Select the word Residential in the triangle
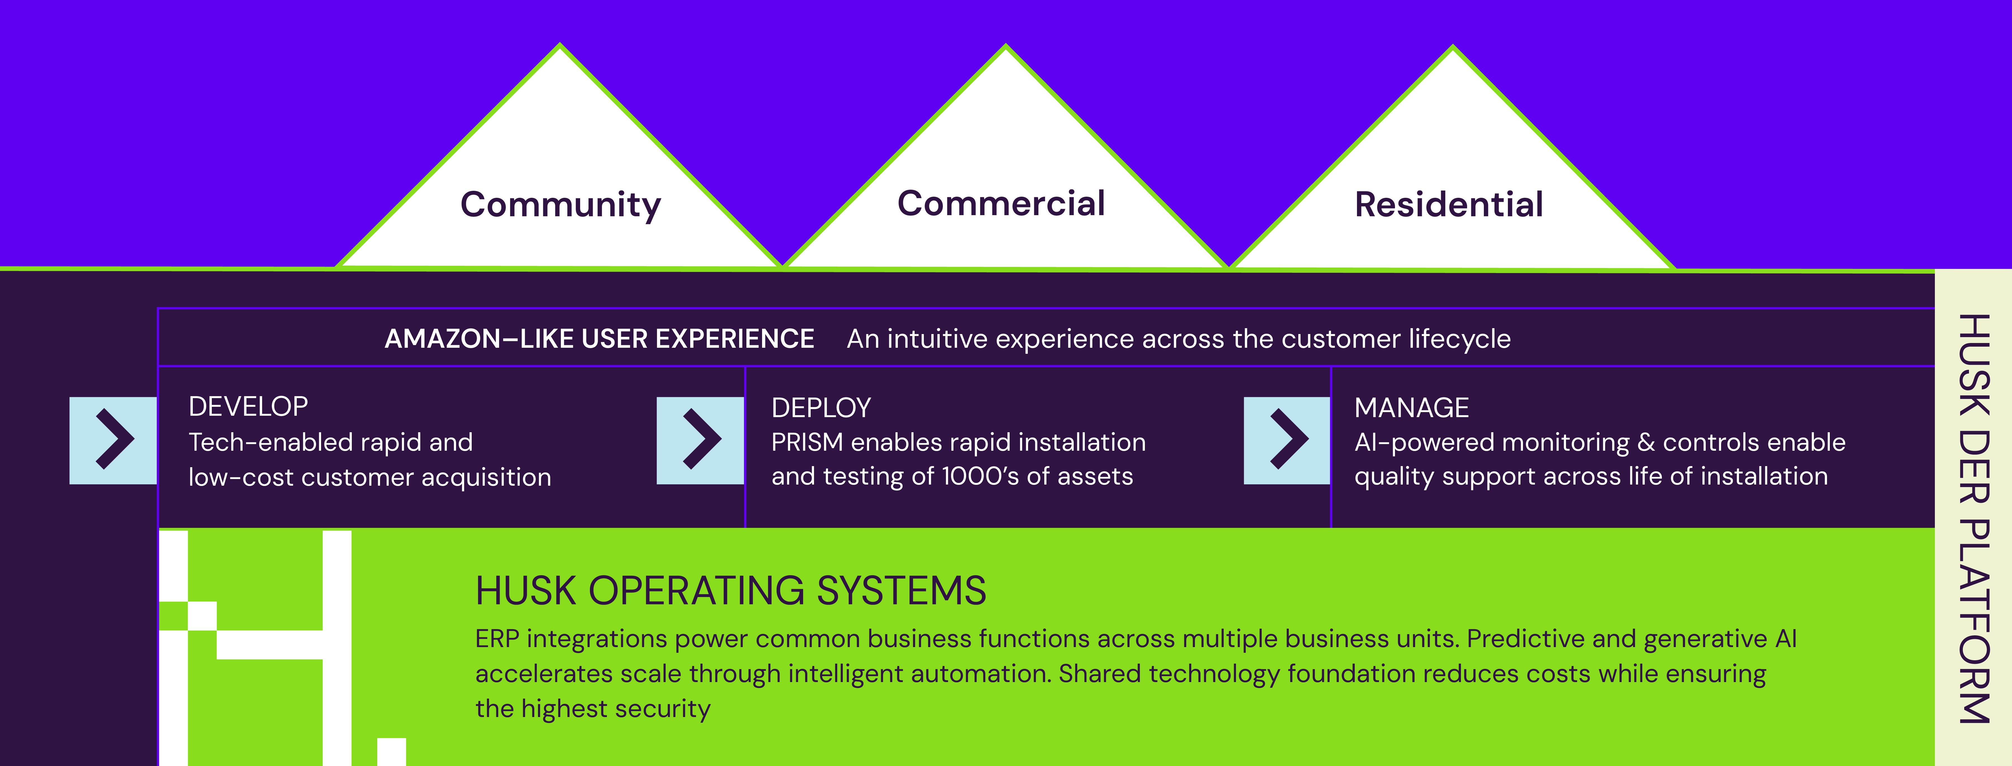tap(1449, 205)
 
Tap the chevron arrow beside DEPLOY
tap(701, 440)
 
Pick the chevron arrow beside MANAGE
tap(1287, 440)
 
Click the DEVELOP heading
tap(248, 407)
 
